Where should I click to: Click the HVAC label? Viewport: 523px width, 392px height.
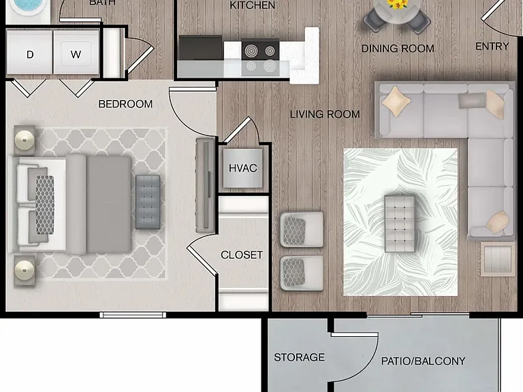pos(243,168)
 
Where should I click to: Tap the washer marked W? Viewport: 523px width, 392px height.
pos(76,52)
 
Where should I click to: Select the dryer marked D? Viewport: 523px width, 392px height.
pos(29,52)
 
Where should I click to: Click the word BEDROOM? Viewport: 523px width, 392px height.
pos(125,104)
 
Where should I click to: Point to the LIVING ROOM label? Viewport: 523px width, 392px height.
pos(325,114)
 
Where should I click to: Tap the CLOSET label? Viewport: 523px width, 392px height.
pos(242,255)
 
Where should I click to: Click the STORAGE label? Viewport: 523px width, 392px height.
pos(299,357)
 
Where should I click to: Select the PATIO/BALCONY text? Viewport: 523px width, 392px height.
pos(424,361)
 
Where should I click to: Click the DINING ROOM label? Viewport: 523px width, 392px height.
pos(398,49)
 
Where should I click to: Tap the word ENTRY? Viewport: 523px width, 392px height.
pos(492,46)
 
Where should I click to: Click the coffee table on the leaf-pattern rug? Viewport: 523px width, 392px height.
pos(400,224)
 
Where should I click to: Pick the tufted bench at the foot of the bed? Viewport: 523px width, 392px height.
pos(148,202)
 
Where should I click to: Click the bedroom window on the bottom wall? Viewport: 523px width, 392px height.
pos(133,314)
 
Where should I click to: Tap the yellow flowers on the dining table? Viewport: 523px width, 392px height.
pos(397,4)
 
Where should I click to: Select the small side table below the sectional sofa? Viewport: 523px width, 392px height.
pos(498,259)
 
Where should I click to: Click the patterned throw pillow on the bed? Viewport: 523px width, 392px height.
pos(45,205)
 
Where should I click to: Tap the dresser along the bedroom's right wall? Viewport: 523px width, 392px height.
pos(206,185)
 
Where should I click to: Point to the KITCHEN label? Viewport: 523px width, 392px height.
pos(253,5)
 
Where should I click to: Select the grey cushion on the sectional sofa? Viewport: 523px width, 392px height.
pos(471,101)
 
